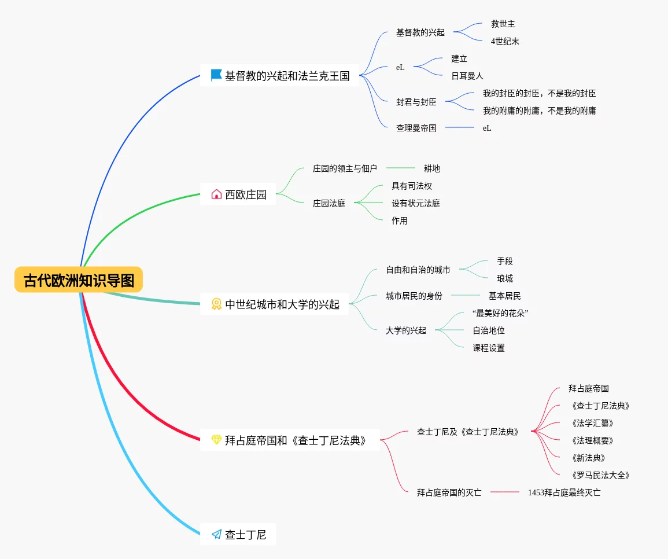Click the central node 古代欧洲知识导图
(x=79, y=280)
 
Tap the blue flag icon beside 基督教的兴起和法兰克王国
(x=216, y=75)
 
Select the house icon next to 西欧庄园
(x=216, y=194)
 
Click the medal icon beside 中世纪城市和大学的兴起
(x=216, y=304)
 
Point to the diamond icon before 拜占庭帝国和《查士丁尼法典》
(x=216, y=440)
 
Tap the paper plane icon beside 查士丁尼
(x=216, y=534)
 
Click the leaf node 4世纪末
(x=505, y=41)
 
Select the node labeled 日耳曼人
(x=467, y=76)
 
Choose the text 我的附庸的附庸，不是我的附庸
(x=539, y=111)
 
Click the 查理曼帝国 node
(x=416, y=128)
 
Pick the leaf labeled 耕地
(x=431, y=168)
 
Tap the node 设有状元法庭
(x=415, y=203)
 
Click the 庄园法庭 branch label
(x=329, y=203)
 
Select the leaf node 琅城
(x=504, y=278)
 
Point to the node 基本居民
(x=504, y=296)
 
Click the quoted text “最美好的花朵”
(x=500, y=313)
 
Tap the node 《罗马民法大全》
(x=599, y=475)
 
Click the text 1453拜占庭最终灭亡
(x=564, y=492)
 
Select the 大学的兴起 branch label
(x=405, y=330)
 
